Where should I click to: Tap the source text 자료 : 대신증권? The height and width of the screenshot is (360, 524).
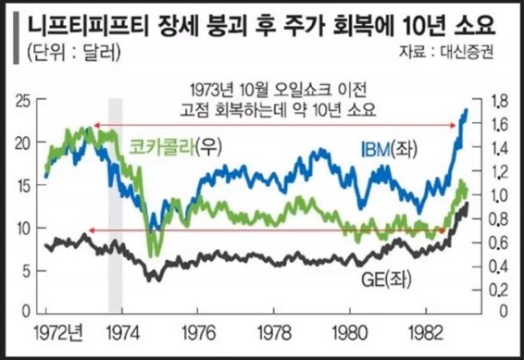pos(448,53)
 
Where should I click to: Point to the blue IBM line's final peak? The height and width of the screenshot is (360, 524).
pos(466,109)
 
